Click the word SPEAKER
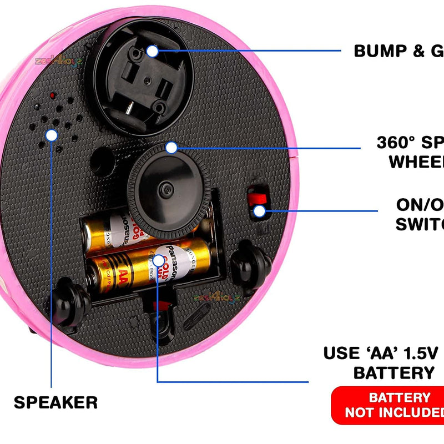point(56,402)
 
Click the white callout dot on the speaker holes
point(52,135)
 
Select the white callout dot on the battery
point(159,260)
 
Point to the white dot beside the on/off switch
point(259,210)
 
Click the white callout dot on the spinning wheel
point(171,148)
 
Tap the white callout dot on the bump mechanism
point(152,51)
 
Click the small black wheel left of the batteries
point(72,300)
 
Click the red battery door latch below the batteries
point(162,305)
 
